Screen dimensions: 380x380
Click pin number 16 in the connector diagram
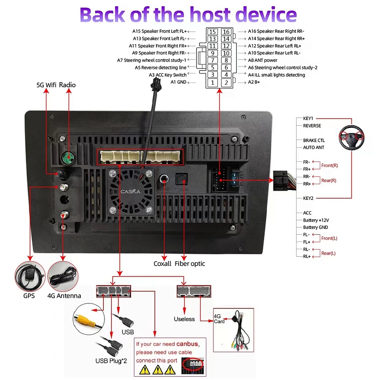click(x=226, y=32)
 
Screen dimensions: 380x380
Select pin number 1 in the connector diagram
click(x=213, y=83)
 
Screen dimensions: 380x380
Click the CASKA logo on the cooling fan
click(x=130, y=191)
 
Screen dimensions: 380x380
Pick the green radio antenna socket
click(x=66, y=158)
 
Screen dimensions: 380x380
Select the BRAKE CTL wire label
click(x=313, y=140)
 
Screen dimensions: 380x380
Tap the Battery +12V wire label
click(x=316, y=220)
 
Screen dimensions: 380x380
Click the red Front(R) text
click(x=329, y=166)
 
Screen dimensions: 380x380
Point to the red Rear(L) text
click(x=328, y=253)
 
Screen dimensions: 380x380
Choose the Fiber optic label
click(x=190, y=264)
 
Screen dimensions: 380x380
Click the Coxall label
click(x=162, y=264)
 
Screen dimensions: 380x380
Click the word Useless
click(x=184, y=319)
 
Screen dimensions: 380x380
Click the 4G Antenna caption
click(x=64, y=296)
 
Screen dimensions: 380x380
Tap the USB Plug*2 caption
click(x=111, y=361)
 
